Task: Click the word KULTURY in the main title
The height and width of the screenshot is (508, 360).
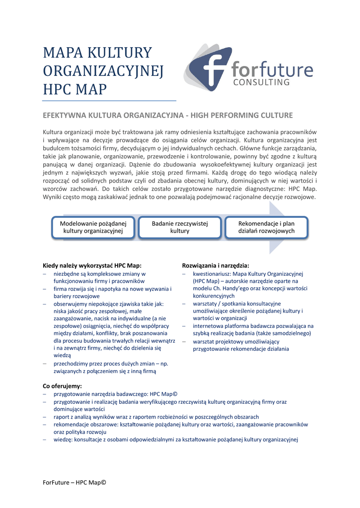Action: [x=120, y=53]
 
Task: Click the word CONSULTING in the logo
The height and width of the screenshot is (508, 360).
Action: [x=261, y=82]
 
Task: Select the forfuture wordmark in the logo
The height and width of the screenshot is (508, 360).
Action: [x=272, y=69]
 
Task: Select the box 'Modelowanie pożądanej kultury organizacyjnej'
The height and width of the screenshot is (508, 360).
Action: [x=93, y=227]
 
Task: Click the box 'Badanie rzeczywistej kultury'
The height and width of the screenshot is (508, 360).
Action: [x=180, y=227]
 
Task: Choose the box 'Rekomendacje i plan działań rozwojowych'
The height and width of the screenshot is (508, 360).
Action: [x=266, y=227]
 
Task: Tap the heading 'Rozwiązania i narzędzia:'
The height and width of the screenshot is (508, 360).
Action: [x=216, y=265]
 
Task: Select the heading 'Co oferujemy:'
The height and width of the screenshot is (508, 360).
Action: [x=63, y=385]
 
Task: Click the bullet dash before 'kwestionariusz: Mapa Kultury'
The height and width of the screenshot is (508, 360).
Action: [x=184, y=273]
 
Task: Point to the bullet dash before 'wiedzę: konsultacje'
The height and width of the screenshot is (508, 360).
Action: [x=45, y=439]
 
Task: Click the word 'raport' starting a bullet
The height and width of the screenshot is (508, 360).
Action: [x=62, y=417]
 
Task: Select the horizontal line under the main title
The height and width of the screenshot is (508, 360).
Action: [x=109, y=101]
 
